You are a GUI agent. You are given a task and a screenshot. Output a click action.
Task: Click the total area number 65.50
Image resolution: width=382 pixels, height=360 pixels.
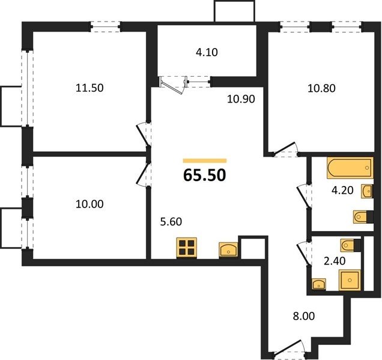click(205, 175)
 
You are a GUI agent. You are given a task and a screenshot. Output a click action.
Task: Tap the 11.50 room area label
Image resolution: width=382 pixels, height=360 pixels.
click(89, 88)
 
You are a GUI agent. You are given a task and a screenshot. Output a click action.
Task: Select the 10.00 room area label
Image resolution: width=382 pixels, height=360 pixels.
click(89, 204)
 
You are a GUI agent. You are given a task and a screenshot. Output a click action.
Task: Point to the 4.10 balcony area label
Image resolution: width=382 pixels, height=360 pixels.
click(207, 52)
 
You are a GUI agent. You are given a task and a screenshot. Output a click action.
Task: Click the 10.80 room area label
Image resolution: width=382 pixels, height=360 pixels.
click(321, 88)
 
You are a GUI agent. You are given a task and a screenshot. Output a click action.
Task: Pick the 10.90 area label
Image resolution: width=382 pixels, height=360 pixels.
click(241, 99)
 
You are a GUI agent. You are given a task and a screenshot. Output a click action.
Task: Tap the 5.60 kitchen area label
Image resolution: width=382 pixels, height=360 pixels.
click(171, 222)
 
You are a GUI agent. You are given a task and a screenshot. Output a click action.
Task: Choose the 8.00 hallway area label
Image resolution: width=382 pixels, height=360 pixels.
click(304, 316)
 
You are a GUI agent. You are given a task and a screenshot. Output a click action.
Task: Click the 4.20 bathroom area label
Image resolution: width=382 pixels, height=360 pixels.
click(342, 190)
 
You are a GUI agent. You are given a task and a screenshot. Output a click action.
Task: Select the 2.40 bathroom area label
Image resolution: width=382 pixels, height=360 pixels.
click(335, 261)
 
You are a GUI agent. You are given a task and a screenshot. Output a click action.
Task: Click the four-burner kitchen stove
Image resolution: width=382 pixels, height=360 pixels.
click(187, 248)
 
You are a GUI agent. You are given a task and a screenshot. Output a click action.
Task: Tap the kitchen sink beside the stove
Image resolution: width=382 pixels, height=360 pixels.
click(228, 250)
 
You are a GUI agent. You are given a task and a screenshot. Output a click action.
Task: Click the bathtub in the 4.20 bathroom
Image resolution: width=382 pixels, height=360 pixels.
click(350, 168)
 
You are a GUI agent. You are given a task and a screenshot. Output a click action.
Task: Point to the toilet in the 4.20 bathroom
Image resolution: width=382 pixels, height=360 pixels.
click(363, 217)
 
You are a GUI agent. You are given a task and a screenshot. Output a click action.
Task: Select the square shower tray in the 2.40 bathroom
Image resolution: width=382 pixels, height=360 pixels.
click(350, 280)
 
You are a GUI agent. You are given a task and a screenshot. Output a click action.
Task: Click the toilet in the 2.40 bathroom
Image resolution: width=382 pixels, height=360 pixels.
click(351, 245)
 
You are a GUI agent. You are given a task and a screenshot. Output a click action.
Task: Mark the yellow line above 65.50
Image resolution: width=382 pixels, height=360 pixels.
click(205, 161)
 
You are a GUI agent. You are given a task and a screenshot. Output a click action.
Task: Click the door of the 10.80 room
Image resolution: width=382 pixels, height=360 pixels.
click(285, 148)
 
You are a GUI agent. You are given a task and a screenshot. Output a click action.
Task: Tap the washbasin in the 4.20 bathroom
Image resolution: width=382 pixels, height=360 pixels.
click(367, 191)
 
